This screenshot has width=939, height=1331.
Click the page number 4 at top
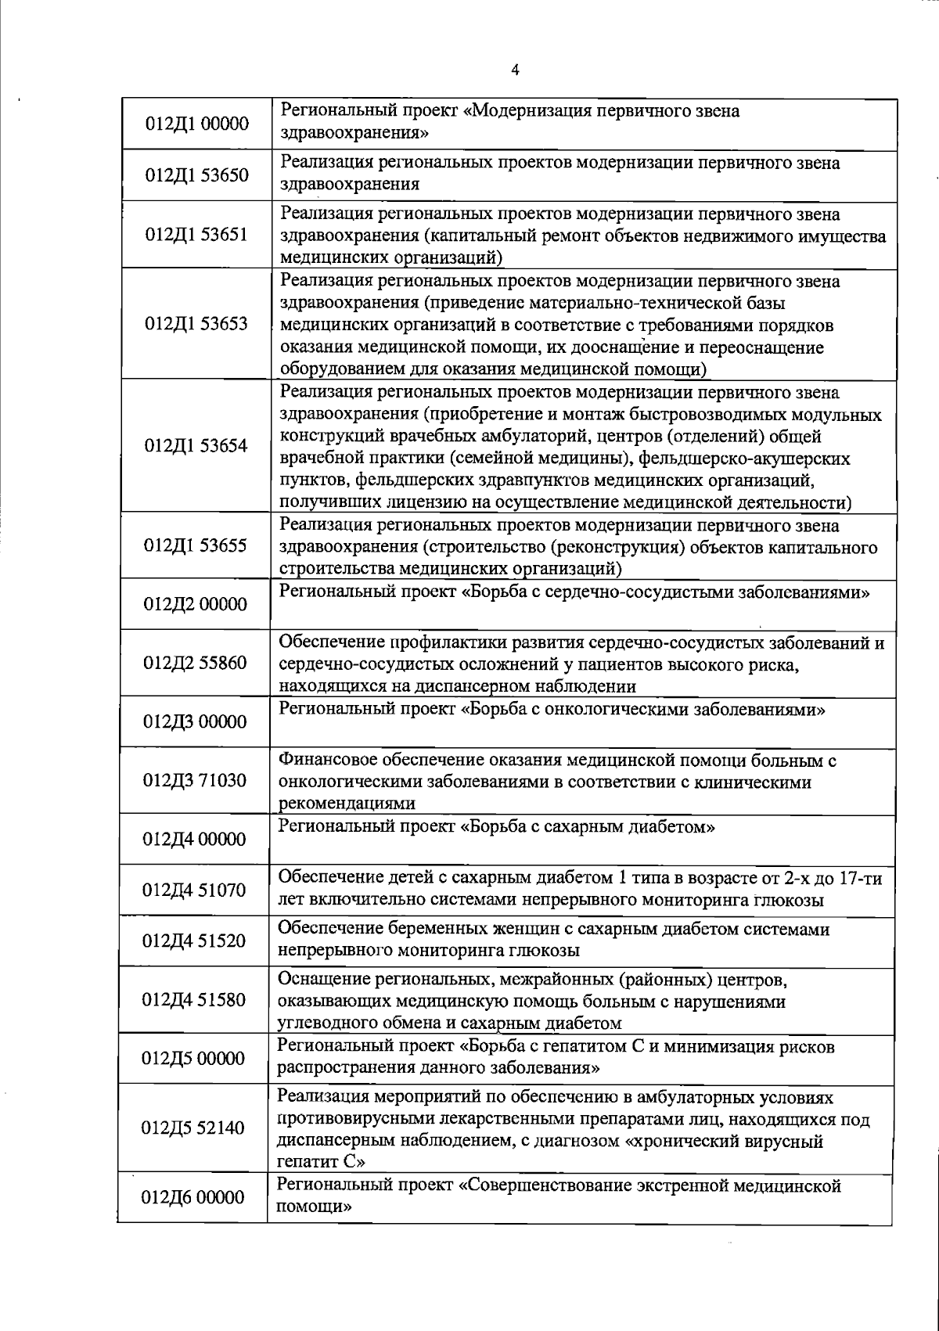pos(515,70)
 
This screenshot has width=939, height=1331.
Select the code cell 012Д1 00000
pos(198,124)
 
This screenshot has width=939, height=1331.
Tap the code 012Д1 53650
pos(198,174)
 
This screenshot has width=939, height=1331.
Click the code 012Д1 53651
pos(198,235)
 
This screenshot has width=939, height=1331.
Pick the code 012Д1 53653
pos(197,324)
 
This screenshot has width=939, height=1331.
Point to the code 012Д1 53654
pos(197,446)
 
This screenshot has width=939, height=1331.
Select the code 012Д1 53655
pos(197,545)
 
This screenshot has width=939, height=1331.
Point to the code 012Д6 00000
pos(193,1197)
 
